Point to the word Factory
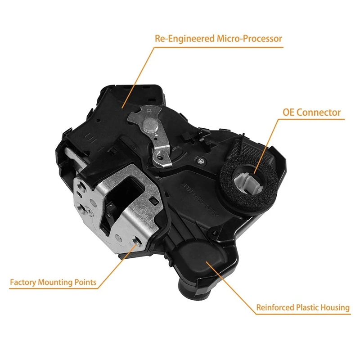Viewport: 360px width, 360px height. (23, 283)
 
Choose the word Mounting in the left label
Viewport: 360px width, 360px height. (56, 283)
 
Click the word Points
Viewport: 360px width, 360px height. (86, 283)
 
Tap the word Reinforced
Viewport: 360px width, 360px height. (275, 308)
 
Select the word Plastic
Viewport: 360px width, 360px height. (309, 308)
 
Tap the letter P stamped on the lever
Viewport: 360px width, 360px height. (148, 109)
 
